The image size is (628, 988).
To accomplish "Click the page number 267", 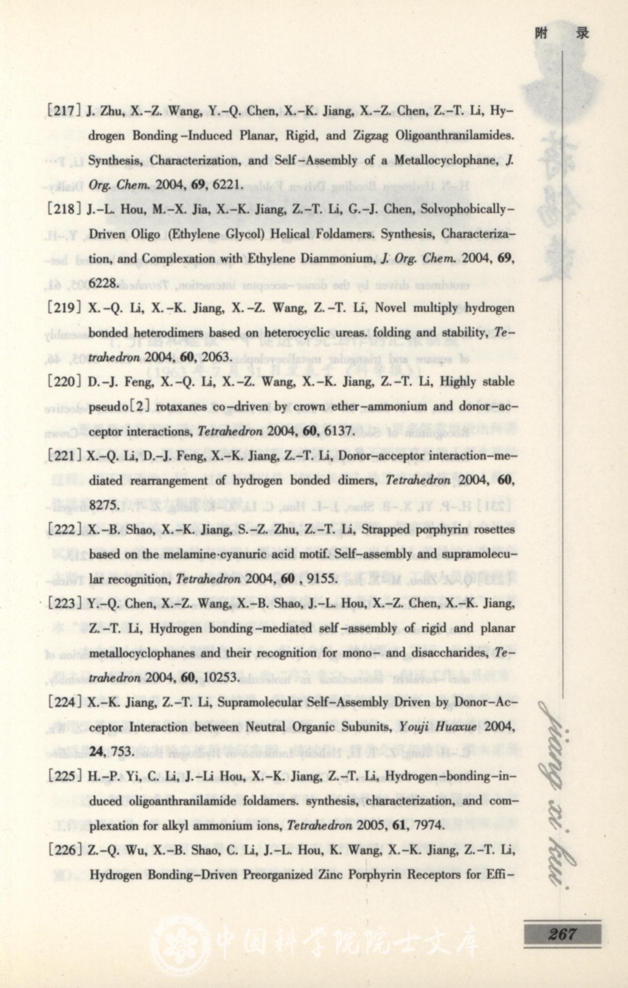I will click(x=562, y=931).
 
